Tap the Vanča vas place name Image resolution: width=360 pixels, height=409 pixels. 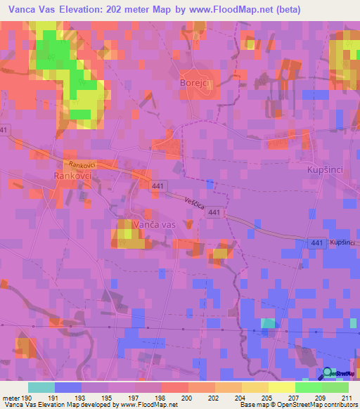coord(153,223)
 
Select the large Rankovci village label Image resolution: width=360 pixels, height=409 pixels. coord(72,176)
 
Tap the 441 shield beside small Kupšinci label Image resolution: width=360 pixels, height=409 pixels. coord(316,242)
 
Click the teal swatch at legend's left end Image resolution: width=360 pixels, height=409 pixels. coord(41,387)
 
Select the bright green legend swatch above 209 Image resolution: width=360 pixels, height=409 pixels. coord(309,387)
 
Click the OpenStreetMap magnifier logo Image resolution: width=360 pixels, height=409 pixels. coord(328,374)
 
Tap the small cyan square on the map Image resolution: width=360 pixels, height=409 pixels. coord(268,323)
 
